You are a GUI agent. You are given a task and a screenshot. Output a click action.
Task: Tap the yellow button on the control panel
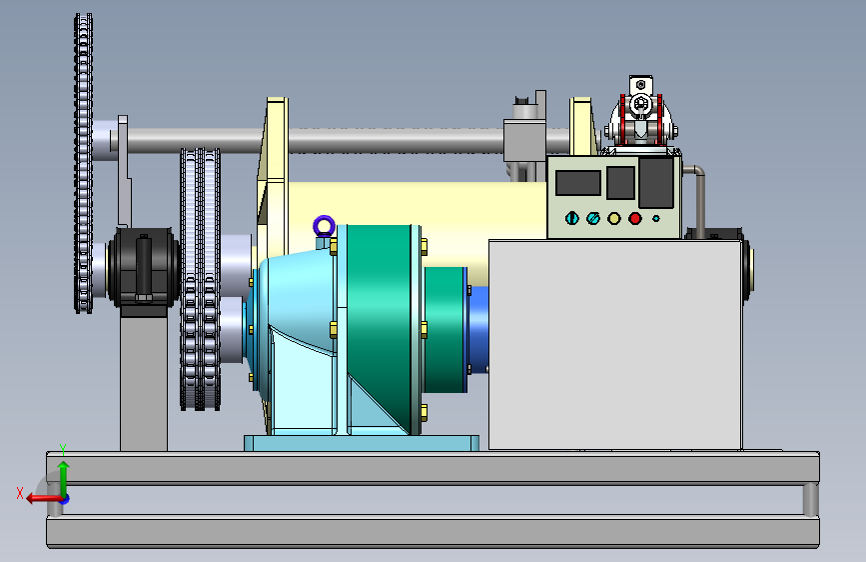(614, 218)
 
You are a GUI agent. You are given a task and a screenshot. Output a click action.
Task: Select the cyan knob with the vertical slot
(572, 218)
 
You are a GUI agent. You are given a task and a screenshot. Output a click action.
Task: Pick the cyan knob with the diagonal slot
(593, 218)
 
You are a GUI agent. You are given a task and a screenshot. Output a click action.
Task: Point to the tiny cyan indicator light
(656, 218)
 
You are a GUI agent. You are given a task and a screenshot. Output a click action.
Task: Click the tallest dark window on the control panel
(656, 183)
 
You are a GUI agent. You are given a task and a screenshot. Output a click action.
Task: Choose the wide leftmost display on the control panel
(577, 183)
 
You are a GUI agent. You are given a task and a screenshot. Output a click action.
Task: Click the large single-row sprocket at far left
(83, 164)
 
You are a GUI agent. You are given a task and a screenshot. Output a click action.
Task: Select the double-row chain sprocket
(200, 279)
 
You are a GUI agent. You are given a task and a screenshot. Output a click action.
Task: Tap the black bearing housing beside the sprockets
(144, 267)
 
